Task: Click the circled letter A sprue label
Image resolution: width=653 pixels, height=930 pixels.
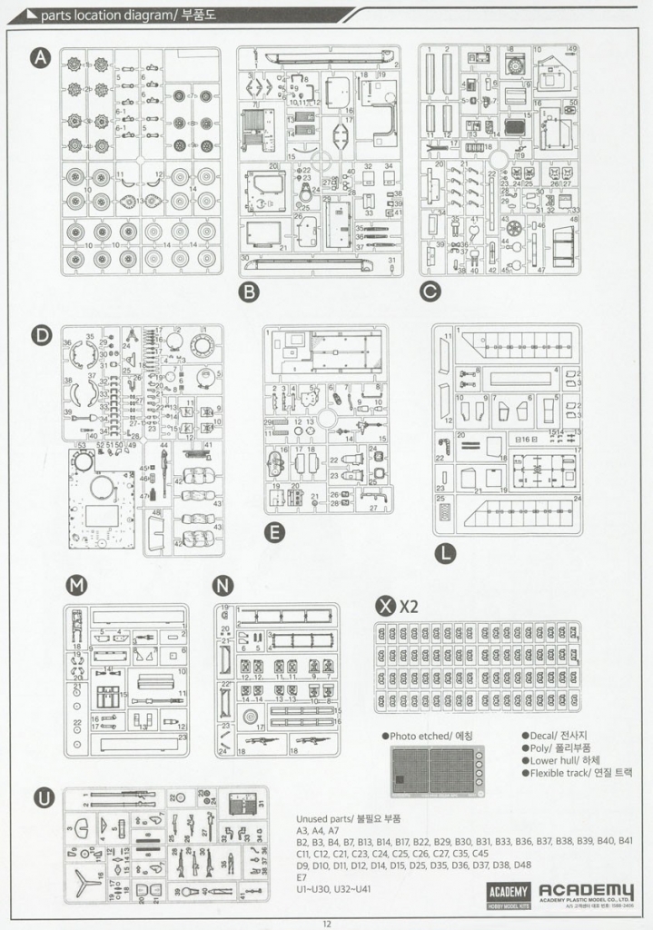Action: coord(41,58)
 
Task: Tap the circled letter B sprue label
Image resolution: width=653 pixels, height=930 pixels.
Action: coord(248,292)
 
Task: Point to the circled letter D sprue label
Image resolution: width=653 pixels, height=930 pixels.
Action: coord(41,335)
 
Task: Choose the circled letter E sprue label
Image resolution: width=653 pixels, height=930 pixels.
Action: coord(273,532)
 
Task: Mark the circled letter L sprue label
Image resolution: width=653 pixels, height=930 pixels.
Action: coord(444,551)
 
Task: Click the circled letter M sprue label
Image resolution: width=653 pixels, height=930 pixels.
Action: coord(77,586)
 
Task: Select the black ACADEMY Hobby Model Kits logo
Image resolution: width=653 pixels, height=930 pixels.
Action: coord(501,895)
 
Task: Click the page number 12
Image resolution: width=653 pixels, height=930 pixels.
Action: coord(326,923)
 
